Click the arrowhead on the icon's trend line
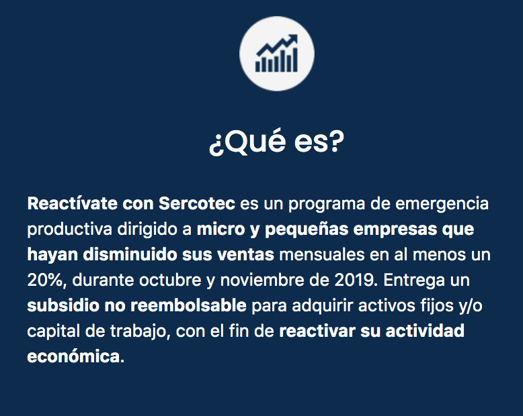tap(293, 38)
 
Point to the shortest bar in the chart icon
tap(257, 66)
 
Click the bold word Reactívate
tap(73, 203)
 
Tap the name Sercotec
tap(197, 203)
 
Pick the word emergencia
tap(442, 204)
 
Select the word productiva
tap(70, 229)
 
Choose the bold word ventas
tap(245, 255)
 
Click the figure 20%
tap(45, 280)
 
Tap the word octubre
tap(170, 280)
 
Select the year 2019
tap(354, 280)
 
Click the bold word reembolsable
tap(188, 305)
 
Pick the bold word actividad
tap(425, 331)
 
